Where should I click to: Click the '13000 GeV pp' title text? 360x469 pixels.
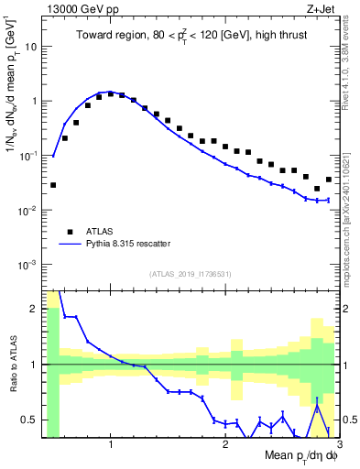click(82, 8)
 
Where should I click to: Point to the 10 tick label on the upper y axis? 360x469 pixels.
click(31, 46)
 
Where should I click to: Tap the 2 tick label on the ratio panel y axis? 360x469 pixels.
click(34, 309)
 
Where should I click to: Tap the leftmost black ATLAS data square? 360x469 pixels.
click(53, 185)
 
